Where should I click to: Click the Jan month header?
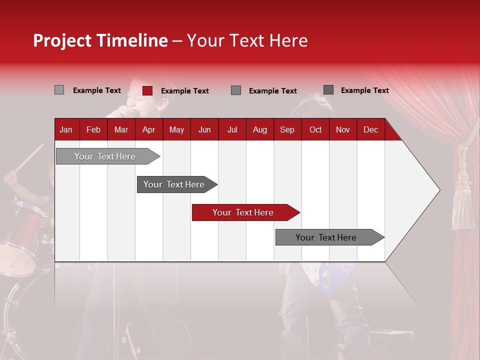[66, 130]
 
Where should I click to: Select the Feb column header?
[93, 130]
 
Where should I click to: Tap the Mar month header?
[121, 130]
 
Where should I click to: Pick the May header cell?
[176, 130]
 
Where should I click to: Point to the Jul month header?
[232, 130]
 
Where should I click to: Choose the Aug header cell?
[259, 130]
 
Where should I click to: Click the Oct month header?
[315, 130]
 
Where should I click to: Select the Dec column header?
[370, 130]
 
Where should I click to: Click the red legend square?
[147, 90]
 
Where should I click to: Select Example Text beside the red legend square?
[185, 91]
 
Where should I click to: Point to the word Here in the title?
[288, 41]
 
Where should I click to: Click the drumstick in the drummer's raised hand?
[31, 156]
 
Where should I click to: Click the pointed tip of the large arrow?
[439, 190]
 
